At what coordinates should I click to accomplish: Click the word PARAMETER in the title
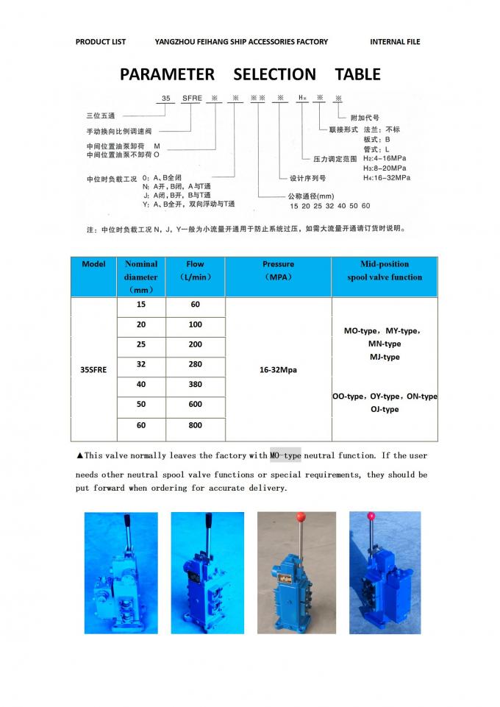coord(167,74)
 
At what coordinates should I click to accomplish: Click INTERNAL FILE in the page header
coord(395,42)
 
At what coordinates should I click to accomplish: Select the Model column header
coord(94,264)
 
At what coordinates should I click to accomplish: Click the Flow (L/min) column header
coord(195,271)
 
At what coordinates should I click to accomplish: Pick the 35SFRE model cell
coord(93,369)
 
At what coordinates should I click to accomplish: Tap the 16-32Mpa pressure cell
coord(278,369)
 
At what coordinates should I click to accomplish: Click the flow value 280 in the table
coord(195,363)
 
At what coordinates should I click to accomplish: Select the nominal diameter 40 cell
coord(141,383)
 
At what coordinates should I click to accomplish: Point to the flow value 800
coord(195,425)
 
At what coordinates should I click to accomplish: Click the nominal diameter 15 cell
coord(141,304)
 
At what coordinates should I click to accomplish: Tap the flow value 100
coord(195,324)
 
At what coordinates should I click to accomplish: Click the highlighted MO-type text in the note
coord(285,455)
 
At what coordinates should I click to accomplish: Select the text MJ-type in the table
coord(385,357)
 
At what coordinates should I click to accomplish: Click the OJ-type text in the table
coord(385,409)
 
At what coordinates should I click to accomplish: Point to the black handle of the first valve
coord(127,529)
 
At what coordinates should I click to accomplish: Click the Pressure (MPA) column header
coord(278,271)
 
